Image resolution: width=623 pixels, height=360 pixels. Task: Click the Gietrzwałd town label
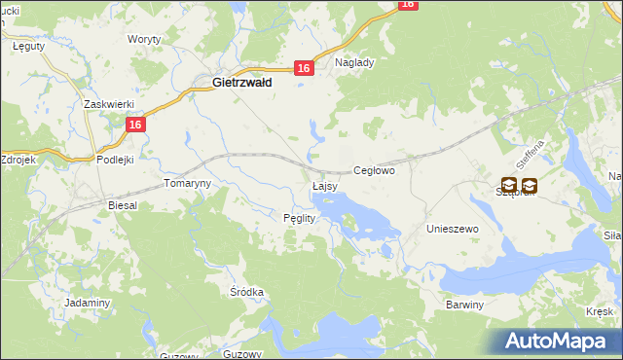[x=241, y=84]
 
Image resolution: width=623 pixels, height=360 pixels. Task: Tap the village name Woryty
[x=144, y=40]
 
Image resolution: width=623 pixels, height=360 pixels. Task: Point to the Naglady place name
[x=354, y=61]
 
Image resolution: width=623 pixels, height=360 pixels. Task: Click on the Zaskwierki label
[x=107, y=104]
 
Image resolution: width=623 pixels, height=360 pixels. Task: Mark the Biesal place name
[x=124, y=206]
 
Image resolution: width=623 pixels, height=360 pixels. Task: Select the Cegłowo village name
[x=374, y=170]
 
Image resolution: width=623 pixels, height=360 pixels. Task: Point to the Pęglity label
[x=299, y=218]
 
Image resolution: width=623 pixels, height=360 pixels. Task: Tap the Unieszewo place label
[x=454, y=228]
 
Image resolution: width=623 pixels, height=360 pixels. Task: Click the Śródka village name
[x=246, y=291]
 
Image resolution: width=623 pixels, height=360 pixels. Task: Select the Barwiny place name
[x=464, y=305]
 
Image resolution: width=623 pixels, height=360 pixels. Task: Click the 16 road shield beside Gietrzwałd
[x=304, y=68]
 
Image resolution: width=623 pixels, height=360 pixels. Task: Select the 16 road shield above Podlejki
[x=135, y=125]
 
